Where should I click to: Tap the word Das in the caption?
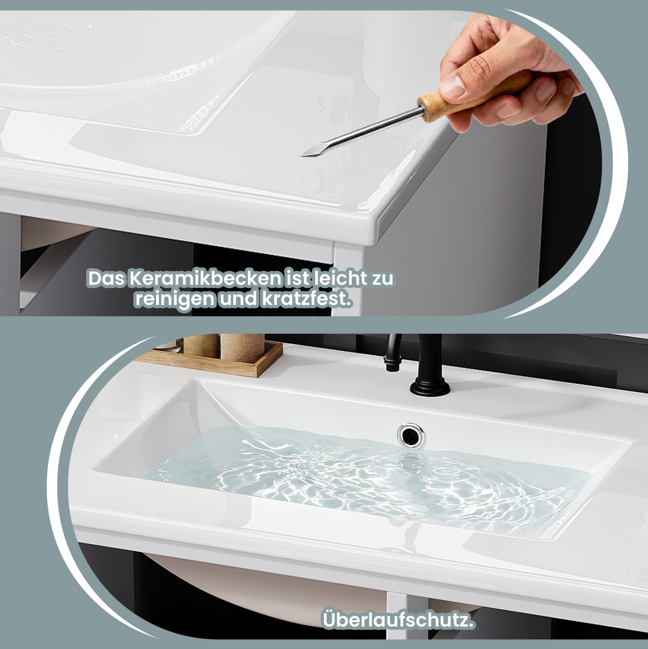click(x=106, y=278)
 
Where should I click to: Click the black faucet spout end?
click(x=391, y=365)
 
